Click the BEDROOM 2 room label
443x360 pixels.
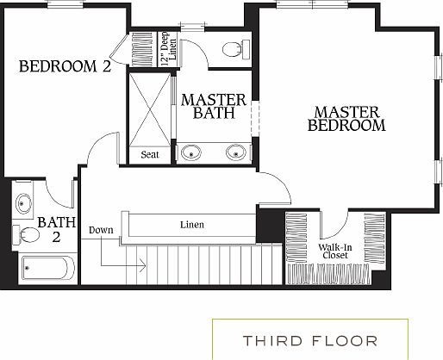click(65, 66)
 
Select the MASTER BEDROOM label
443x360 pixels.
click(346, 119)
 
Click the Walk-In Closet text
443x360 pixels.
click(334, 251)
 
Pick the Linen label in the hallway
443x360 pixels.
click(192, 225)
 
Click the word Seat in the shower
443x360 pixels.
click(149, 155)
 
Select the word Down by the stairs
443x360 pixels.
click(100, 231)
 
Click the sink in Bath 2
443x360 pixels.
click(23, 204)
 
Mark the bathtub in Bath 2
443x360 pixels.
click(47, 268)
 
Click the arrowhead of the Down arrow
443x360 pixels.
click(142, 268)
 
